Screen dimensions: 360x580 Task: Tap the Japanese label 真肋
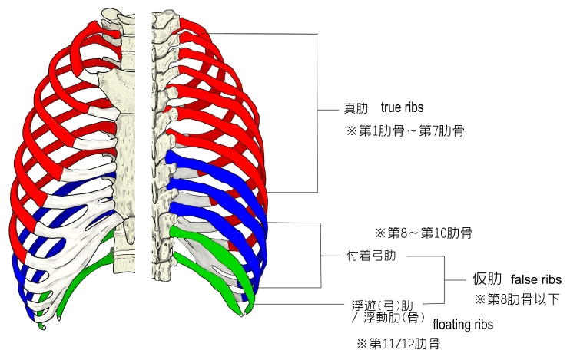click(x=356, y=109)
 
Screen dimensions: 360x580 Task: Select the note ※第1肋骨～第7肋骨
click(x=405, y=131)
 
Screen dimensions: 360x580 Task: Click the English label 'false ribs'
click(x=535, y=279)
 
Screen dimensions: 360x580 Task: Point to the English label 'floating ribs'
click(x=462, y=325)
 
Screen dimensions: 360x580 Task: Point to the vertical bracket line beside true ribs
click(x=317, y=112)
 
